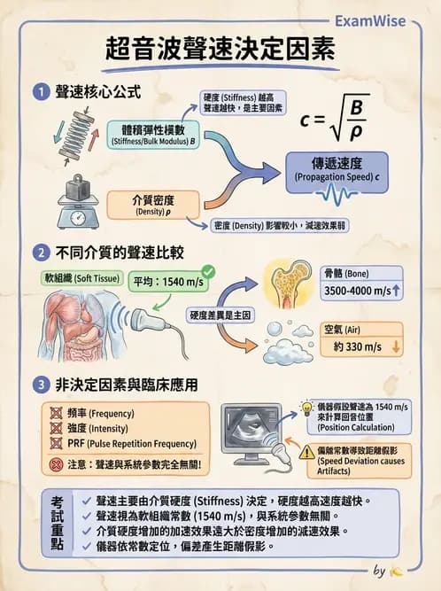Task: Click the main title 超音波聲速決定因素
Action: [220, 51]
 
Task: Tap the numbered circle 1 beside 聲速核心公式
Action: [41, 91]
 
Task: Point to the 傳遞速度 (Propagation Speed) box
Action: [337, 167]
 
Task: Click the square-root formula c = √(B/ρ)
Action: [333, 117]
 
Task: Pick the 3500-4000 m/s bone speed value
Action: [360, 290]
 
